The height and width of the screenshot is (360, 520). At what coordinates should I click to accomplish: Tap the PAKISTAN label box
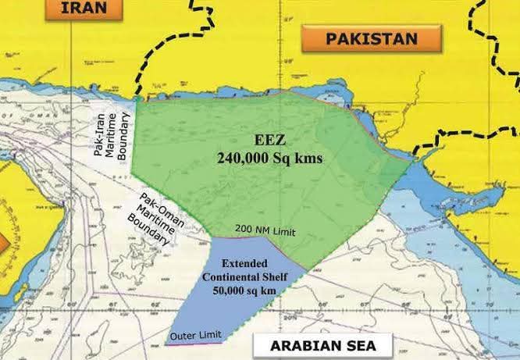(x=371, y=38)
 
